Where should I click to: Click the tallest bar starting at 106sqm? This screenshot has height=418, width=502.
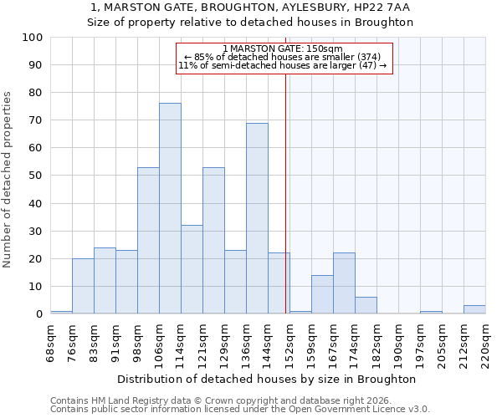170,208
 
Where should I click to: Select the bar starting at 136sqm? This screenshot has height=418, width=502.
257,218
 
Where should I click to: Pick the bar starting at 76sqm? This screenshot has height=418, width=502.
83,286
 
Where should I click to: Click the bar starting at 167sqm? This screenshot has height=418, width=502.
344,283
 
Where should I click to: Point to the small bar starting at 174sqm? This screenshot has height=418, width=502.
366,305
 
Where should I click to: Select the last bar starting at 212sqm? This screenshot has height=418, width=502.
474,309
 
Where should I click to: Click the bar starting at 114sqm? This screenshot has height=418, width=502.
192,269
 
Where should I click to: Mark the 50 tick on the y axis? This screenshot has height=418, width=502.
36,176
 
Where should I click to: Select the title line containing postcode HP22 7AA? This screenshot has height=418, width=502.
250,8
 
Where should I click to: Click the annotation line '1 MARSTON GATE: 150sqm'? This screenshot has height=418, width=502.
283,48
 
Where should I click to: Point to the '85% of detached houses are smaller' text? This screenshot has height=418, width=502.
283,57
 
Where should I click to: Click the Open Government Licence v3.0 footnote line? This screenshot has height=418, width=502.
240,409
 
